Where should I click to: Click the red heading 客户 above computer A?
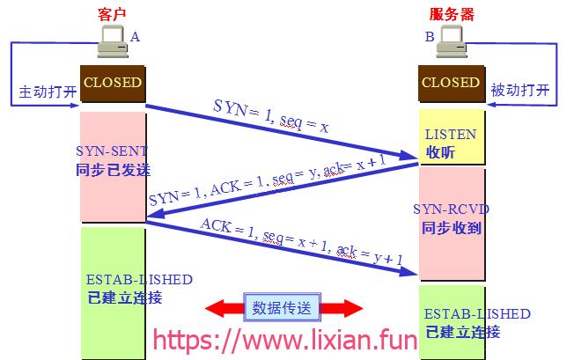coord(112,14)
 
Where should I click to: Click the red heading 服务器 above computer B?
coord(452,15)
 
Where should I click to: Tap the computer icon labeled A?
coord(113,41)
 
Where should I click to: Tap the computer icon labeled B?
coord(452,41)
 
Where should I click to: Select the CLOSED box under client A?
coord(113,84)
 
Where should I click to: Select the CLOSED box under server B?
coord(451,84)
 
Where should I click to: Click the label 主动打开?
coord(48,92)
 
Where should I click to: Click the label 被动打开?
coord(520,90)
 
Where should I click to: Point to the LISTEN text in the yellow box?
coord(451,135)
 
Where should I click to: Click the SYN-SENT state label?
coord(112,151)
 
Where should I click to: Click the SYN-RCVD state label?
coord(451,209)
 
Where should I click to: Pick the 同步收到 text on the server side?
coord(452,228)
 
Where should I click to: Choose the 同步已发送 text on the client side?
coord(113,170)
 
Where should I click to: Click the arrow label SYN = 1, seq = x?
coord(271,116)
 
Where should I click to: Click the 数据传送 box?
coord(282,307)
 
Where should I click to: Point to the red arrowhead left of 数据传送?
coord(215,308)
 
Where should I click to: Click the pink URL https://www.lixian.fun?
coord(285,340)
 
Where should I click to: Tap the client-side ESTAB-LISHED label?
coord(139,280)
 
